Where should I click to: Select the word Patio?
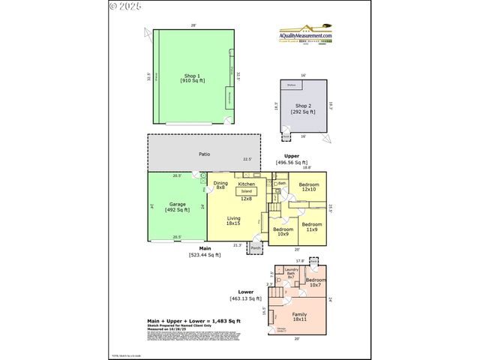(204, 154)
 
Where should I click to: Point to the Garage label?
(177, 206)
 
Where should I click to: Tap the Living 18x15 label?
(233, 220)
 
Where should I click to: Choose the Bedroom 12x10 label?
(309, 186)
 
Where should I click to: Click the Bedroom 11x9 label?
(311, 226)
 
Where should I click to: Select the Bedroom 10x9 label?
(282, 231)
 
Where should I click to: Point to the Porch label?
(256, 247)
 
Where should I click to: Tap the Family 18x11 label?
(299, 317)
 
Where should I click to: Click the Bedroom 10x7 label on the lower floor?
(316, 283)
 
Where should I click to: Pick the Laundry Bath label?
(292, 274)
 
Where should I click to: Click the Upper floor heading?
(292, 156)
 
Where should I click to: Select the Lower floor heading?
(247, 292)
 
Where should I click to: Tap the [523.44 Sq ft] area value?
(204, 255)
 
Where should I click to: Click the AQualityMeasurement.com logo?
(305, 35)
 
